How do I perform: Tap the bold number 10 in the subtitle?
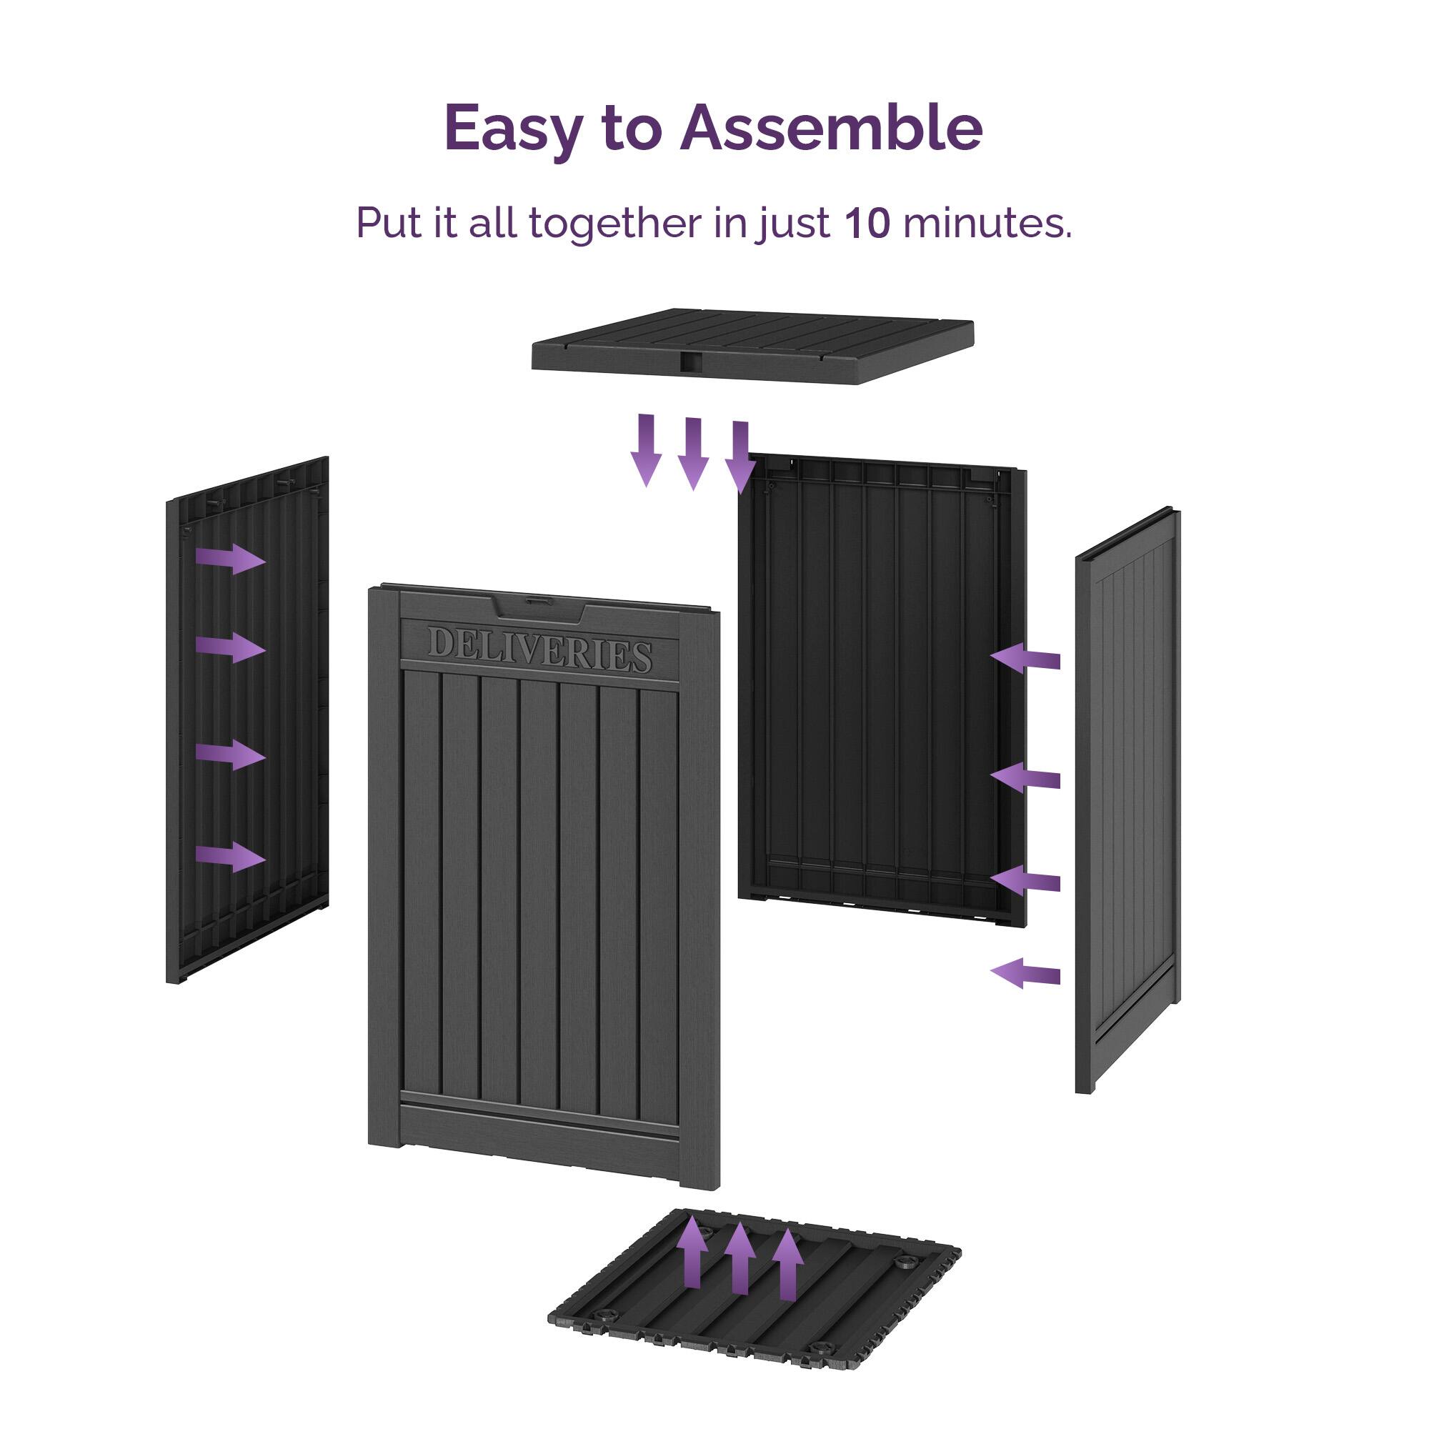pos(866,223)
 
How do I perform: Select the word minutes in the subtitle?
pos(986,223)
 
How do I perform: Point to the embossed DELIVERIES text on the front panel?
pos(539,649)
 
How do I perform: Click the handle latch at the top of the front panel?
pos(539,603)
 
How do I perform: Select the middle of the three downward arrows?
pos(693,453)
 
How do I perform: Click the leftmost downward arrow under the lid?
pos(647,449)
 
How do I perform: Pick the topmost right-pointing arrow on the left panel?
pos(231,559)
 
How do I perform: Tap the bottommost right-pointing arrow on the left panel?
pos(231,857)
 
